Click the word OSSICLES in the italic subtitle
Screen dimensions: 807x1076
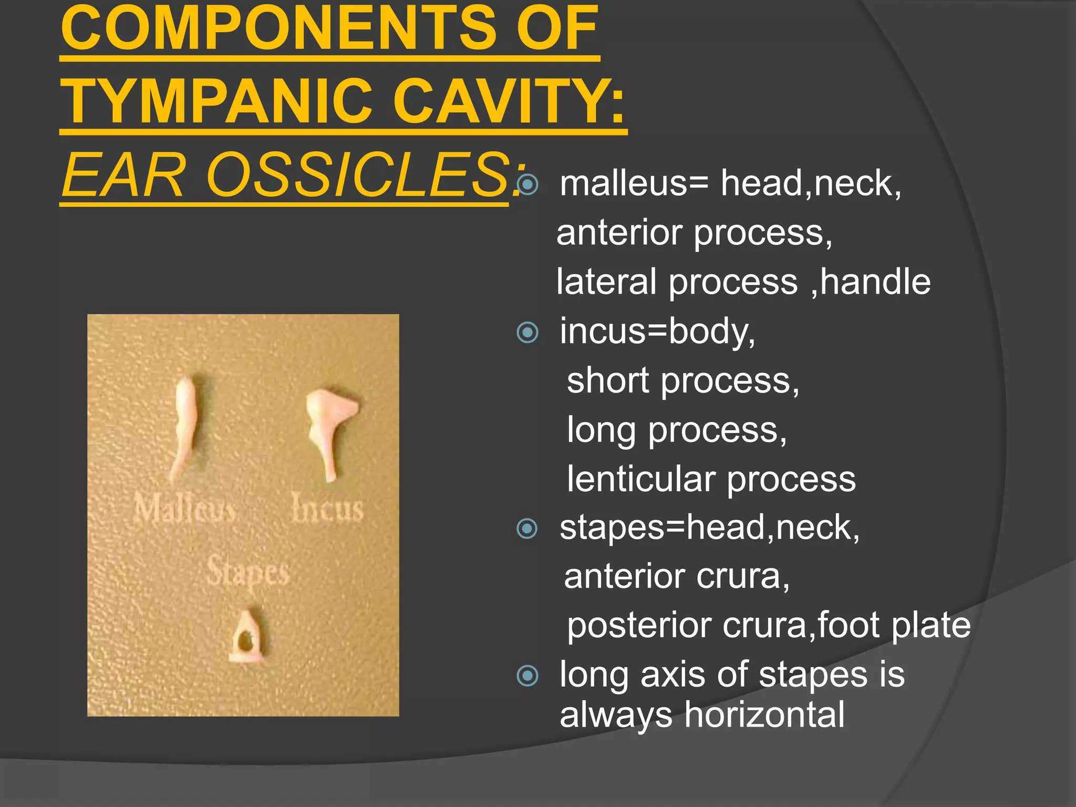pos(357,175)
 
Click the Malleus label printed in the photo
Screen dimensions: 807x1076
pos(184,509)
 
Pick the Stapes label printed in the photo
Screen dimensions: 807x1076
pos(247,572)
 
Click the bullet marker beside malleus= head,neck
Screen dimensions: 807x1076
pos(527,184)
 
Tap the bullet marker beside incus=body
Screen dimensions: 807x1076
pos(527,333)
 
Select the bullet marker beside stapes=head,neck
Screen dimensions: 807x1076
pos(527,529)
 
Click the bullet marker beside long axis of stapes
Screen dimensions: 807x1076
pos(527,676)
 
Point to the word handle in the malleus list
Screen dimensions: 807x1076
pos(875,282)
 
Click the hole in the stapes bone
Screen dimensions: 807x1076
pos(244,640)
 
